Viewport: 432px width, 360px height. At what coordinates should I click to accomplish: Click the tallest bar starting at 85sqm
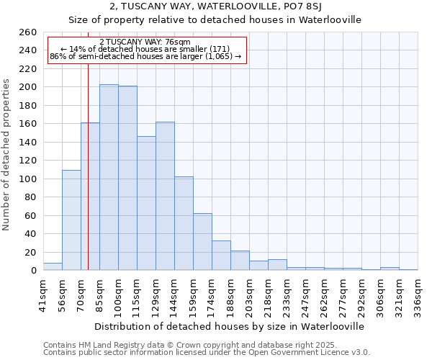(109, 177)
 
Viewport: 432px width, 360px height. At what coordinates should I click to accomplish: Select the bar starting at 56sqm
(71, 220)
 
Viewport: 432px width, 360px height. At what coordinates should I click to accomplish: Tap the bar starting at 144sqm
(184, 223)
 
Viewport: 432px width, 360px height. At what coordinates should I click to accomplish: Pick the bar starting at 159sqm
(202, 241)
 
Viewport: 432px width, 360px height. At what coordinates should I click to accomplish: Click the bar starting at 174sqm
(221, 255)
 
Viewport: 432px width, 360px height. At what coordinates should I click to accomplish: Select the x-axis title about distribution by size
(230, 326)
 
